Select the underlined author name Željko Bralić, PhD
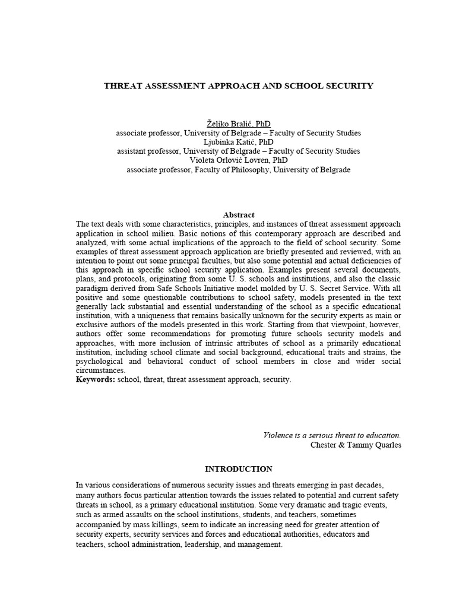(x=238, y=123)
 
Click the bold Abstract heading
(x=239, y=215)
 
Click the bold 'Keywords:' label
(x=96, y=379)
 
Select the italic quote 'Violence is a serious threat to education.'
(x=332, y=435)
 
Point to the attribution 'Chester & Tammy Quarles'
(x=356, y=445)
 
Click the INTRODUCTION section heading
(x=239, y=469)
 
